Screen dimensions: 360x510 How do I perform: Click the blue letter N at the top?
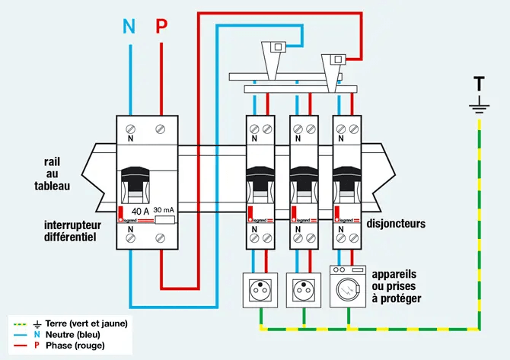point(129,27)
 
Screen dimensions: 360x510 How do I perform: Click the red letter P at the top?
point(161,27)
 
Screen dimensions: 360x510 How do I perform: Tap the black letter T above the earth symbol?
point(479,83)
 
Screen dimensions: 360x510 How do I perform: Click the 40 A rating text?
point(141,211)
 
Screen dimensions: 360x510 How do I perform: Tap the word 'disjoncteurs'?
point(397,224)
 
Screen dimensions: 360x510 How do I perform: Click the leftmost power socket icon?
point(257,290)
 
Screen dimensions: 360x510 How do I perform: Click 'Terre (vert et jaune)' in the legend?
point(86,323)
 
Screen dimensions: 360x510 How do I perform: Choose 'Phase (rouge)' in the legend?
point(75,346)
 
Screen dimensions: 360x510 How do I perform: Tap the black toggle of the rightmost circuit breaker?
point(348,183)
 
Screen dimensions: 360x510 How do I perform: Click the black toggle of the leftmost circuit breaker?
point(259,183)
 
